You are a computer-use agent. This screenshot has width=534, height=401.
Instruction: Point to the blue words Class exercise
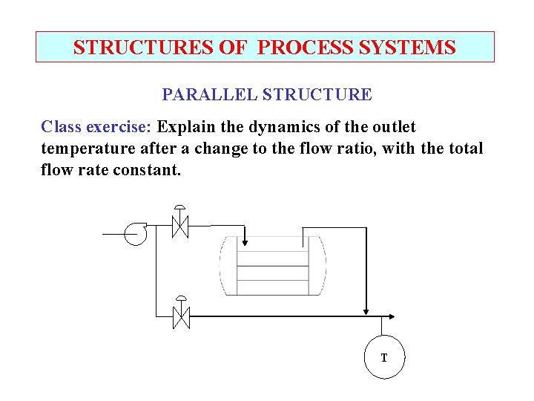(x=97, y=127)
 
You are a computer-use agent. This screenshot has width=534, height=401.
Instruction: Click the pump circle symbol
(x=136, y=233)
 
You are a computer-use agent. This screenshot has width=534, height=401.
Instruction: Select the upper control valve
(x=179, y=225)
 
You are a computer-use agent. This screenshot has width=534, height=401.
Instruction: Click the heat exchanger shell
(x=272, y=265)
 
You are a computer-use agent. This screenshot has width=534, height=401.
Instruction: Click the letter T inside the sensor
(x=384, y=358)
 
